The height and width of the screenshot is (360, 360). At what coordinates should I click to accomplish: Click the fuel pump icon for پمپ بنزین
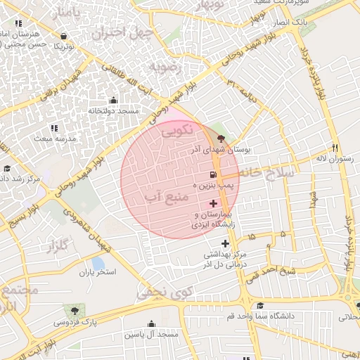coord(212,174)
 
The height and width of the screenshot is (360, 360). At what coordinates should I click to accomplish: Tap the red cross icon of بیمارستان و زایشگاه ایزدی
coord(213,203)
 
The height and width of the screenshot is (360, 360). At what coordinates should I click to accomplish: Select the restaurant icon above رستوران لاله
coord(335,148)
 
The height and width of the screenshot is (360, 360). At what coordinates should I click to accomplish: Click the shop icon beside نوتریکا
coord(65,36)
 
